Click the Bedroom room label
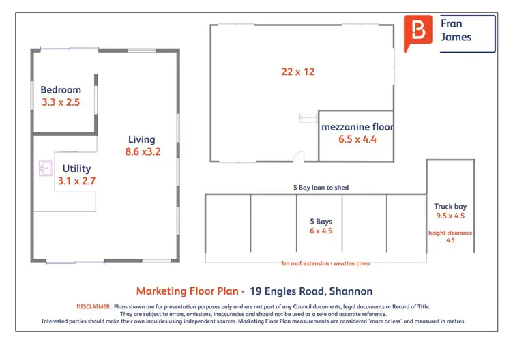click(x=61, y=89)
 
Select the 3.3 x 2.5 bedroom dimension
click(x=61, y=102)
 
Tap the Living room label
click(x=142, y=139)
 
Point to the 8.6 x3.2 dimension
click(x=143, y=151)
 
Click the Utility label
click(x=76, y=169)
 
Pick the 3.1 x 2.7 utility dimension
click(x=76, y=181)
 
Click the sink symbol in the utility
click(x=46, y=169)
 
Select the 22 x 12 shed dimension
click(x=297, y=72)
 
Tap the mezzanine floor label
click(x=357, y=127)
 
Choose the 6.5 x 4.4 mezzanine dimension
click(x=357, y=139)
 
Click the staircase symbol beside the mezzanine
click(x=309, y=117)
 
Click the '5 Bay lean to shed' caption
click(x=321, y=188)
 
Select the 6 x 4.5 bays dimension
click(x=321, y=231)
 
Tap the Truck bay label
click(x=450, y=207)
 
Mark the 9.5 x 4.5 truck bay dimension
click(x=450, y=216)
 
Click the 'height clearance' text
click(x=450, y=233)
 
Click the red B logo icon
click(x=417, y=32)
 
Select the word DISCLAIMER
click(x=93, y=306)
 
